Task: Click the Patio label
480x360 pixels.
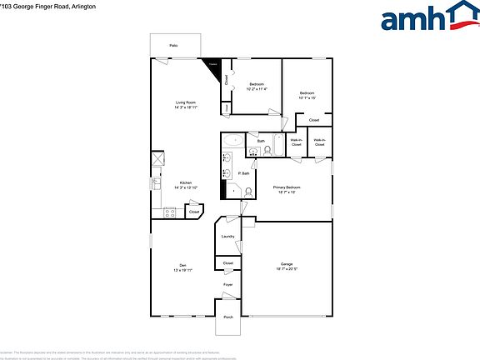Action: click(173, 45)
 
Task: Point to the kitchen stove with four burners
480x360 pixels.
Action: click(170, 212)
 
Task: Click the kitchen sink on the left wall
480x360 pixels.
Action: click(156, 182)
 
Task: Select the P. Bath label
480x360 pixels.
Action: click(244, 173)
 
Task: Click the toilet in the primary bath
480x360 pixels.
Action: click(247, 191)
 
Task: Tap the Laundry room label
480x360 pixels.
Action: click(227, 237)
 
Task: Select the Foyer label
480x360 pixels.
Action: click(227, 285)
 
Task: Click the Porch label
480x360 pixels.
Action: click(227, 316)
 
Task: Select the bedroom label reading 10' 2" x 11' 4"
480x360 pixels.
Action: click(257, 87)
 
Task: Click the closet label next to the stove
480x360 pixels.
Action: click(194, 212)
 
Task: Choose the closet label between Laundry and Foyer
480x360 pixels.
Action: click(227, 263)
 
